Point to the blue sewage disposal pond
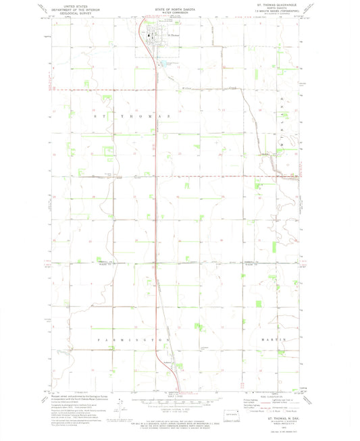163,66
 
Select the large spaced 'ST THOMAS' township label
130,116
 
